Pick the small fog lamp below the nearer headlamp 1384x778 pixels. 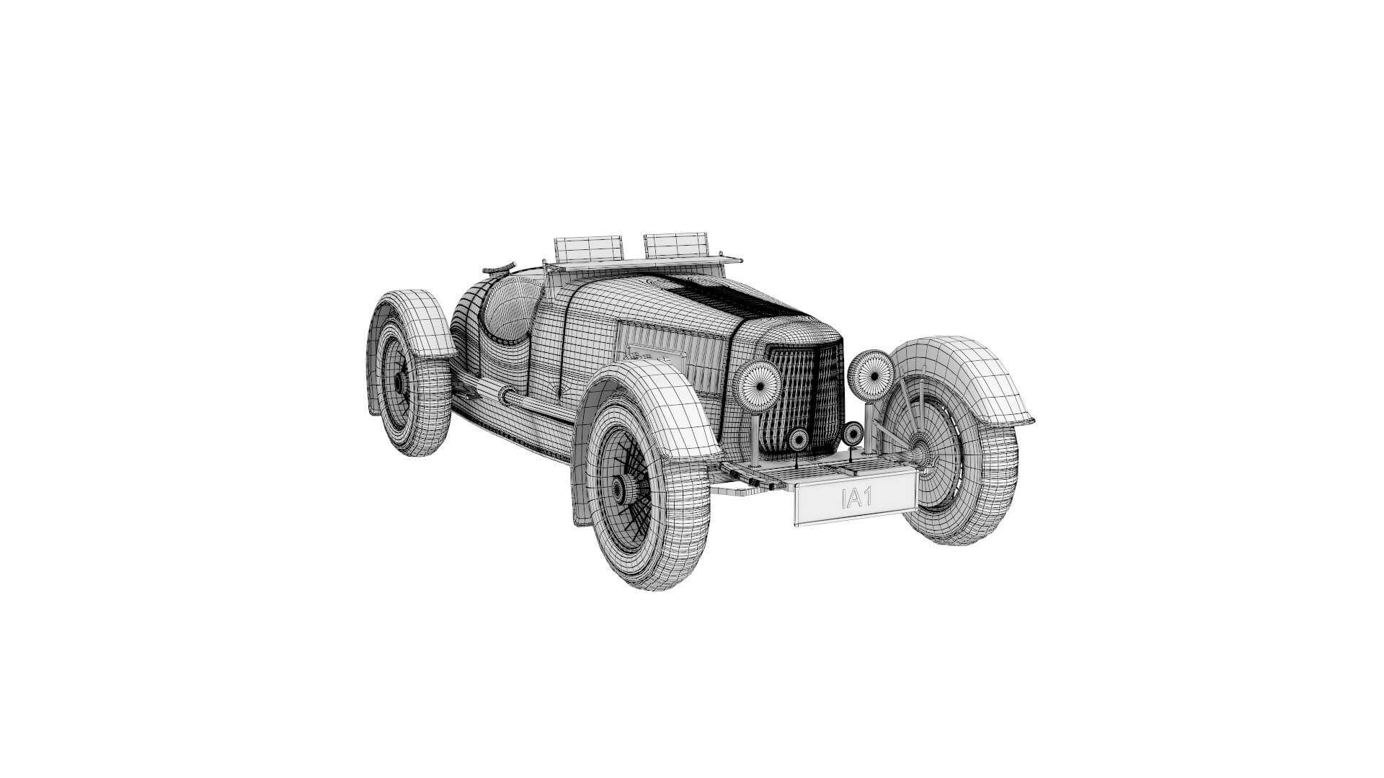[799, 439]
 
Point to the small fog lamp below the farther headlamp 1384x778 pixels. [853, 433]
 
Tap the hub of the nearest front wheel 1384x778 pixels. [618, 489]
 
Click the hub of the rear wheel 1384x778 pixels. [399, 382]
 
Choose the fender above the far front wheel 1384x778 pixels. [966, 375]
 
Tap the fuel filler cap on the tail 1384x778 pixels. [498, 269]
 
